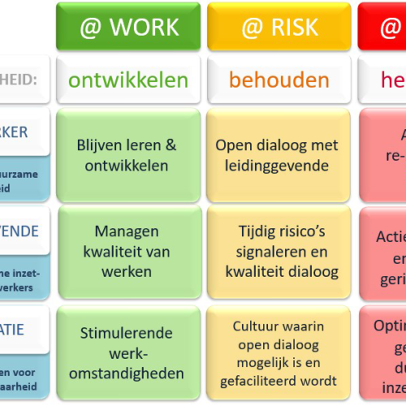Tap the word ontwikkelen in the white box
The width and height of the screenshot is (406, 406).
coord(128,80)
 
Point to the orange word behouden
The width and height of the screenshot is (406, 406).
coord(279,80)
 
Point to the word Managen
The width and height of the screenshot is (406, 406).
coord(127,231)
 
